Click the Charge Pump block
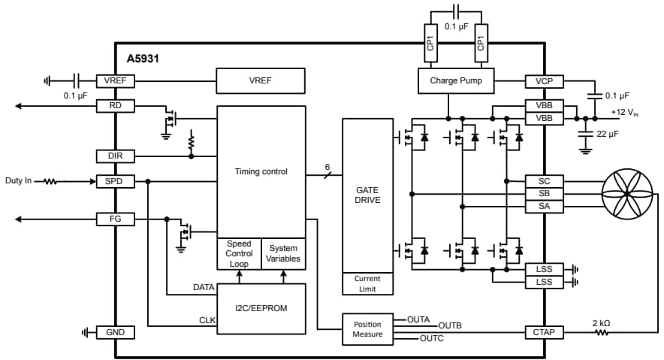pos(455,80)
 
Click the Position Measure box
pos(367,329)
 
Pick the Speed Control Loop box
pos(239,254)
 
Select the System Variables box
pos(283,254)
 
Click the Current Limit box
pos(367,283)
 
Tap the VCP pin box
pos(545,80)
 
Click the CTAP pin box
pos(545,332)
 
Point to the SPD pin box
pos(115,181)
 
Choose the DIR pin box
pos(115,156)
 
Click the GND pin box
pos(115,332)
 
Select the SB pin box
pos(545,194)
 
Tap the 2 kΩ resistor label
pos(601,322)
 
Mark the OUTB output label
pos(450,325)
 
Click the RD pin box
pos(115,106)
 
